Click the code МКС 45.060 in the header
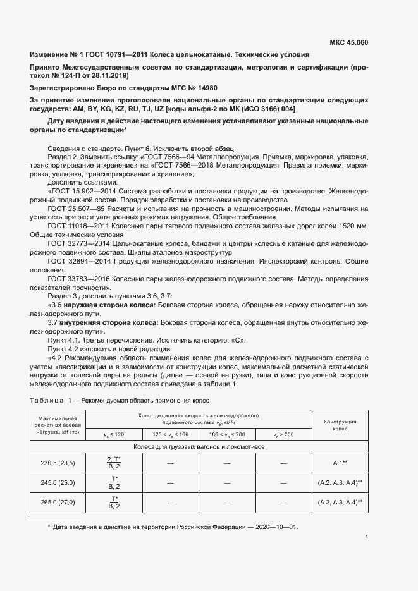coord(349,43)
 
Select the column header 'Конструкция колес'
coord(340,425)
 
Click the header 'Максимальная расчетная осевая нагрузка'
coord(58,425)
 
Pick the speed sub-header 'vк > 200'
coord(283,434)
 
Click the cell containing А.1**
coord(340,463)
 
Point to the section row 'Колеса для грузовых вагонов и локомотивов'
coord(199,446)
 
